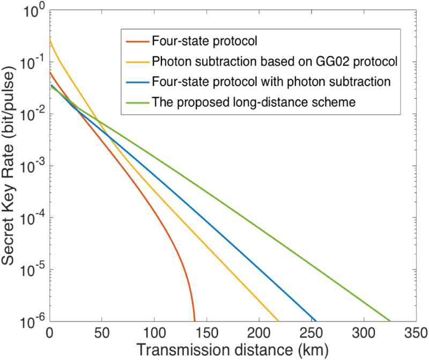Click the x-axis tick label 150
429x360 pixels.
tap(206, 334)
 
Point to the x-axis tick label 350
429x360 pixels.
tap(416, 334)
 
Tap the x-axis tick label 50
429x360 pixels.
tap(101, 334)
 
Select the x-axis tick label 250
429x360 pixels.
tap(311, 334)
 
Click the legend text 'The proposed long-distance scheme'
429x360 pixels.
tap(254, 102)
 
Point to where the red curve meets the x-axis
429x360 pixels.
tap(195, 320)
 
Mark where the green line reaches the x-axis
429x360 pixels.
tap(389, 320)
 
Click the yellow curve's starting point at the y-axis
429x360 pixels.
tap(50, 39)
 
